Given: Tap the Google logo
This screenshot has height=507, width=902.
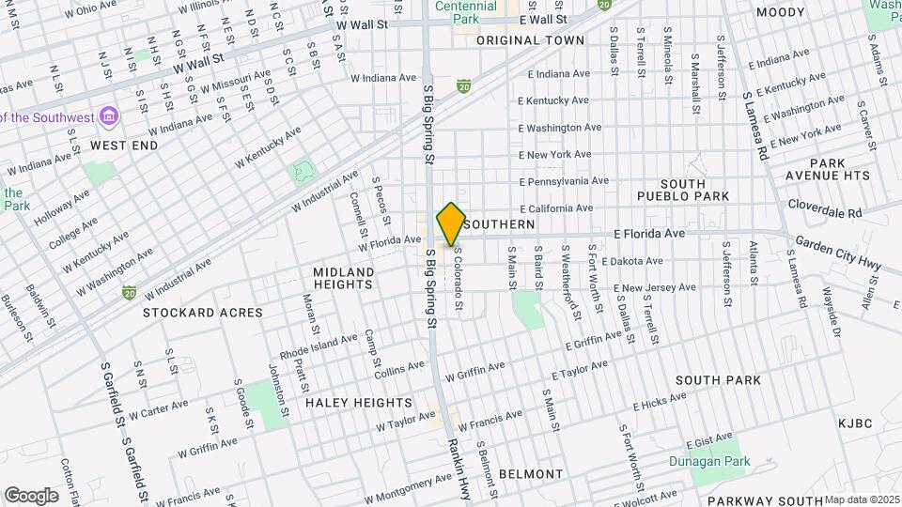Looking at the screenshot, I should coord(30,495).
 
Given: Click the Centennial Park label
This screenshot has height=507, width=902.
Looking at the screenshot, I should coord(466,12).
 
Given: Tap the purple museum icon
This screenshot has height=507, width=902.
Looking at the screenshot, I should coord(110,116).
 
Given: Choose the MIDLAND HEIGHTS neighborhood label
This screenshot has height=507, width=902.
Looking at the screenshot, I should coord(343,278).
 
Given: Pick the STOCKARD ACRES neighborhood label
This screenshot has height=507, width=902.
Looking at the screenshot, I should coord(203,312).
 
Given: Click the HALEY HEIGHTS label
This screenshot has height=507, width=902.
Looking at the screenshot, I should coord(358,402).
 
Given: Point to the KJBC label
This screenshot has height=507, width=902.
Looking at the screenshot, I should coord(855,423).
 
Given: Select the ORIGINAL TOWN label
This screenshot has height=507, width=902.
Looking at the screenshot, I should coord(530,40).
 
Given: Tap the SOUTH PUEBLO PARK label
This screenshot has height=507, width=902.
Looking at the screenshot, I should coord(695,190).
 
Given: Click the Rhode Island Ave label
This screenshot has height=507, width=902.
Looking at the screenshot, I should coord(319,346).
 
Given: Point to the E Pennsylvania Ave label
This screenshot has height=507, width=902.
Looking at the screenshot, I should coord(564,180).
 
